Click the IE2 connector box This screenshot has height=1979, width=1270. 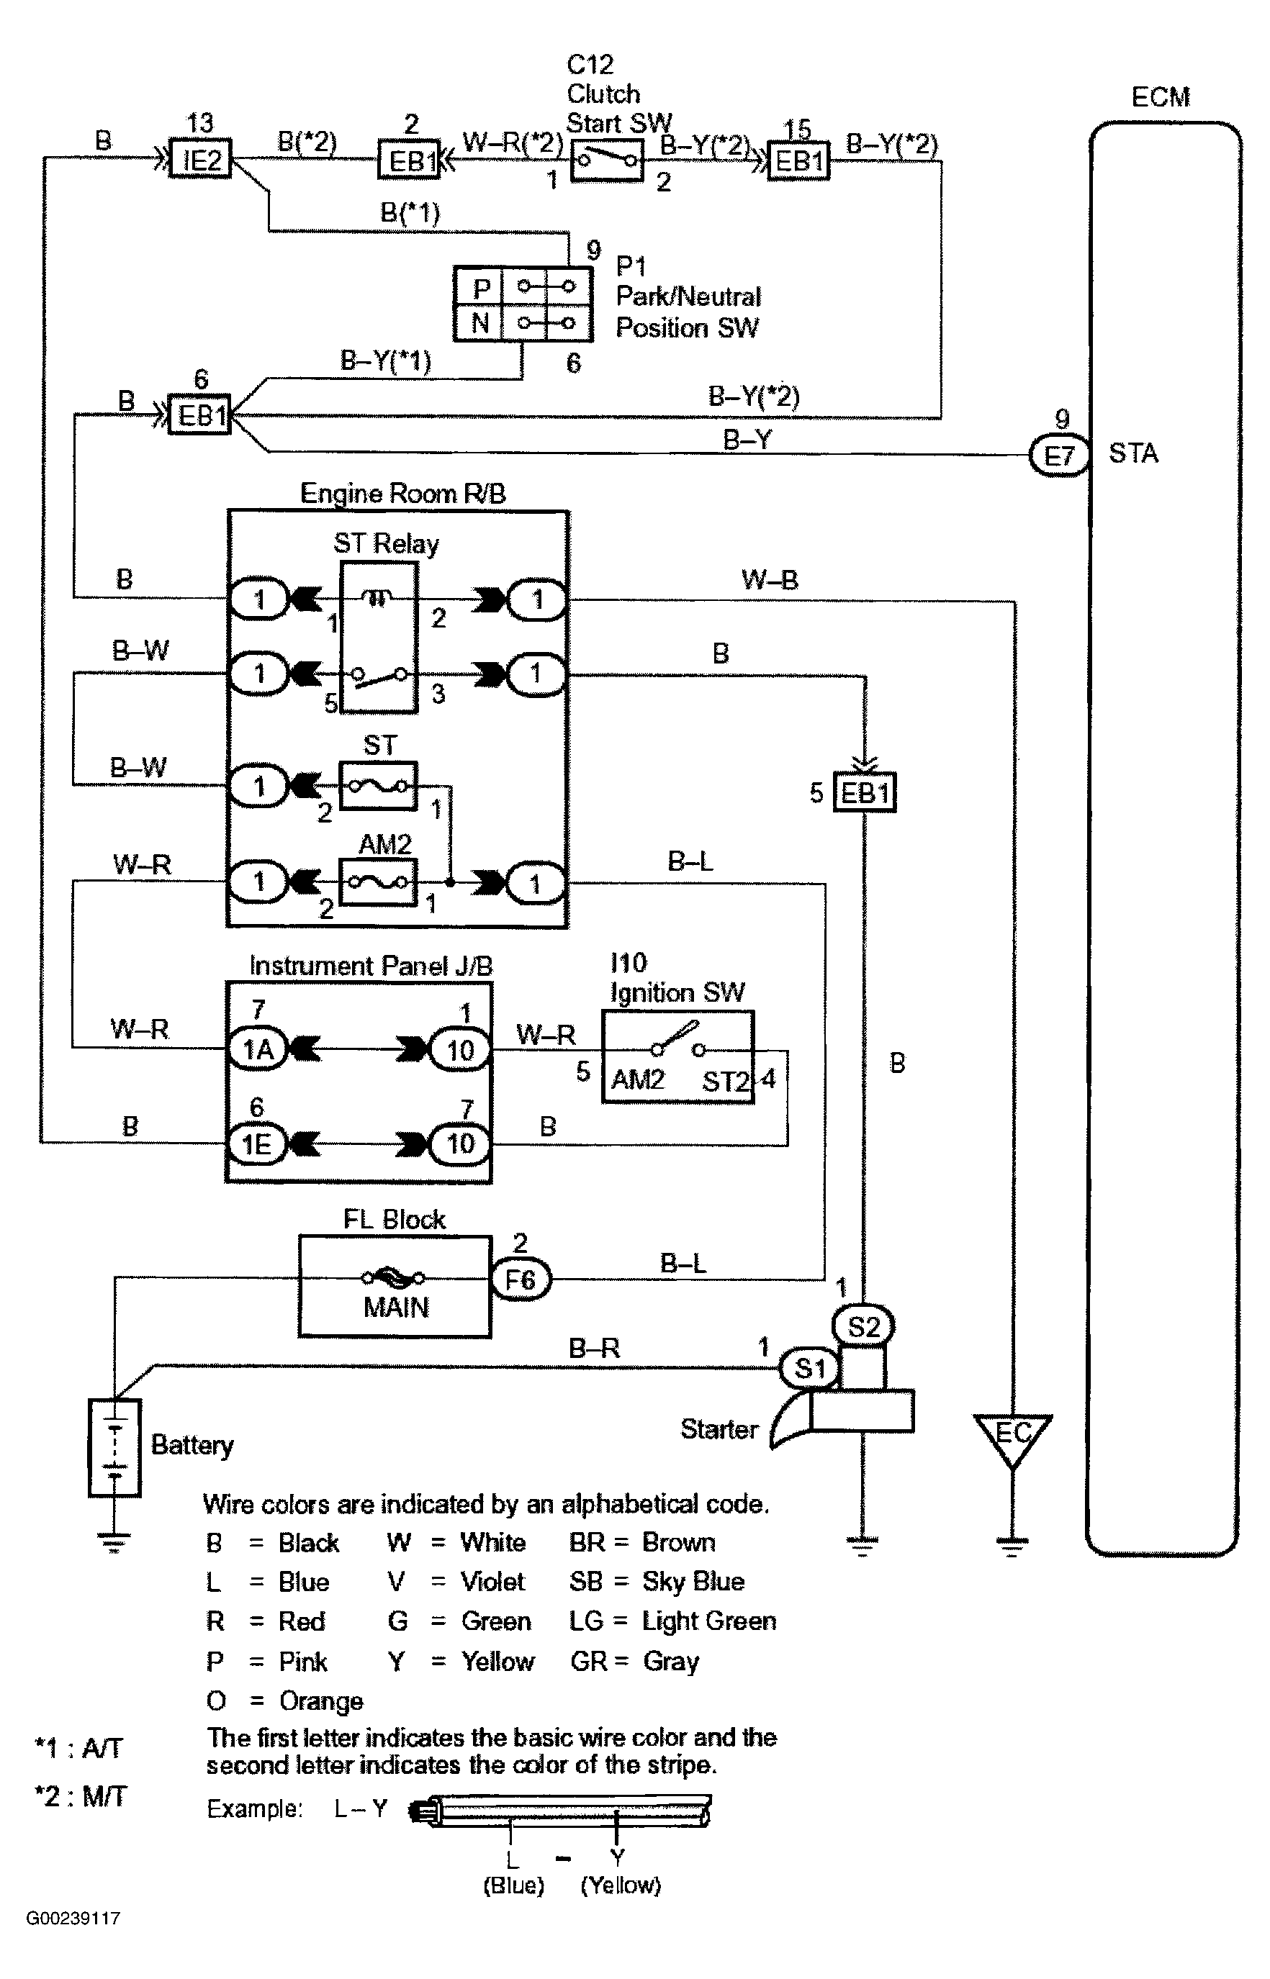point(200,160)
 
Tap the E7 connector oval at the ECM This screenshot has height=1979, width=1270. point(1059,455)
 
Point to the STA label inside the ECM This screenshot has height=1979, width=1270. point(1133,453)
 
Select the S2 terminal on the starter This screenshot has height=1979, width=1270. point(863,1326)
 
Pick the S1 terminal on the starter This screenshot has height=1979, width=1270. point(809,1368)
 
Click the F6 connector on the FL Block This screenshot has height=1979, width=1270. point(520,1280)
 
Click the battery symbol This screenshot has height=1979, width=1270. point(114,1447)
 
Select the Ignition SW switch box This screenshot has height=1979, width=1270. point(677,1056)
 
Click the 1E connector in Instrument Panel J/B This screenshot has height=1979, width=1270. point(256,1144)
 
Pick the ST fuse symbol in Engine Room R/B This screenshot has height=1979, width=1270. point(378,786)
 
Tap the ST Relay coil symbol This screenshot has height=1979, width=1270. point(378,599)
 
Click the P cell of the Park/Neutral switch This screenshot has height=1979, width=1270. point(481,288)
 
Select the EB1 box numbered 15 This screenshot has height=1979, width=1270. point(798,160)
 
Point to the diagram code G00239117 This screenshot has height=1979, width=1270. point(73,1918)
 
